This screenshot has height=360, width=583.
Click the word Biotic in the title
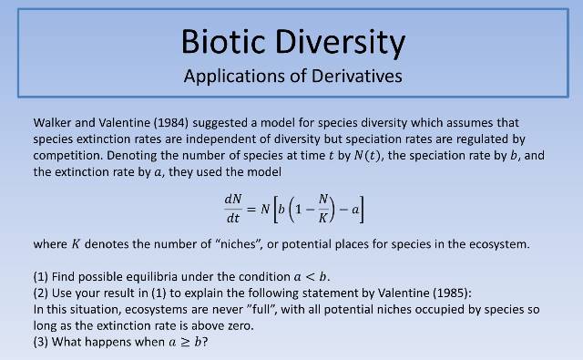pyautogui.click(x=222, y=42)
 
